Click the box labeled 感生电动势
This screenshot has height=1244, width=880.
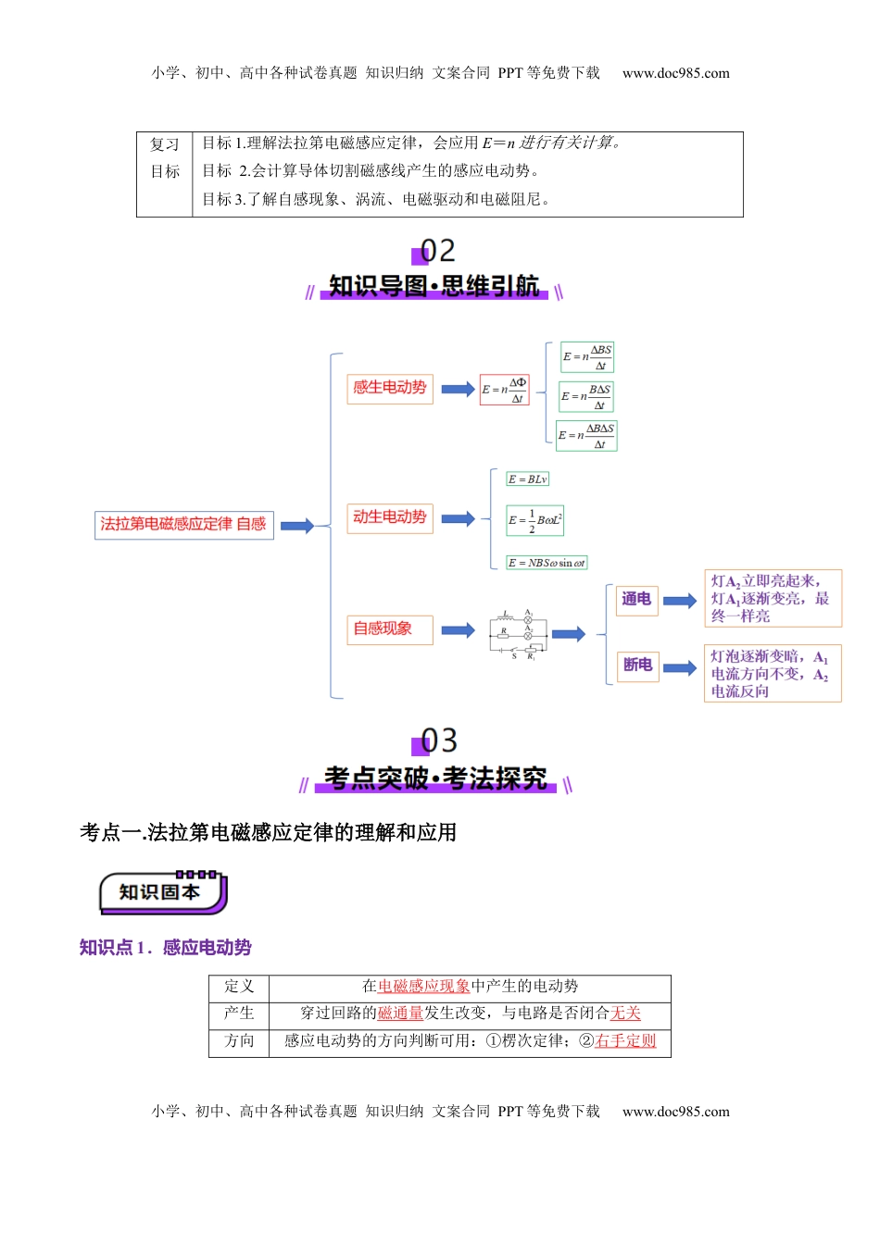pyautogui.click(x=389, y=388)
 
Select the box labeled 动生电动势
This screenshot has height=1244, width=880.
pyautogui.click(x=389, y=517)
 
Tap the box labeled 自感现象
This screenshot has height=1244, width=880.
pyautogui.click(x=389, y=629)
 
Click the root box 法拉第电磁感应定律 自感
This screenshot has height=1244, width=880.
pyautogui.click(x=183, y=525)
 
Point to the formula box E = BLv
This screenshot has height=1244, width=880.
pyautogui.click(x=528, y=479)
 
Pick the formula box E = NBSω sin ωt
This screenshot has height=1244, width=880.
pyautogui.click(x=547, y=563)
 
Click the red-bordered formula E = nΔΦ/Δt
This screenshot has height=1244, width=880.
pyautogui.click(x=505, y=390)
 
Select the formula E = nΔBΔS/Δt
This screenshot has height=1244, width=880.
pyautogui.click(x=586, y=435)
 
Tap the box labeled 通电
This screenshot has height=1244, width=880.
pyautogui.click(x=636, y=600)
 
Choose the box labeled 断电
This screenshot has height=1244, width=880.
pyautogui.click(x=637, y=666)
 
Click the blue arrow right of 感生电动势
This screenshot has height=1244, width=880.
pyautogui.click(x=458, y=389)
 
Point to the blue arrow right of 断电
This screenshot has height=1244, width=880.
pyautogui.click(x=679, y=668)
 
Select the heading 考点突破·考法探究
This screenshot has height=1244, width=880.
pyautogui.click(x=435, y=778)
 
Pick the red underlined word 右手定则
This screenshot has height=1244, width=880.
pyautogui.click(x=625, y=1041)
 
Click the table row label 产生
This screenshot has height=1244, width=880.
pyautogui.click(x=239, y=1014)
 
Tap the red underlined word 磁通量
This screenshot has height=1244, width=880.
pyautogui.click(x=400, y=1014)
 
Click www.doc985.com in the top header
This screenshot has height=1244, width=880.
pyautogui.click(x=675, y=73)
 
